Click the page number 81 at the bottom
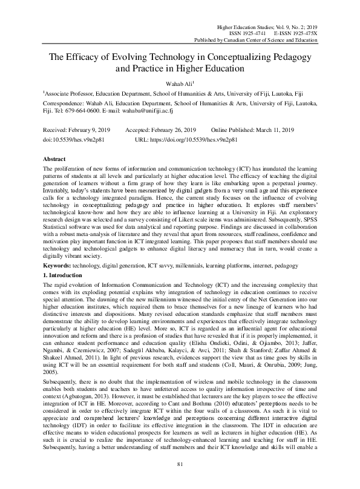click(180, 480)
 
